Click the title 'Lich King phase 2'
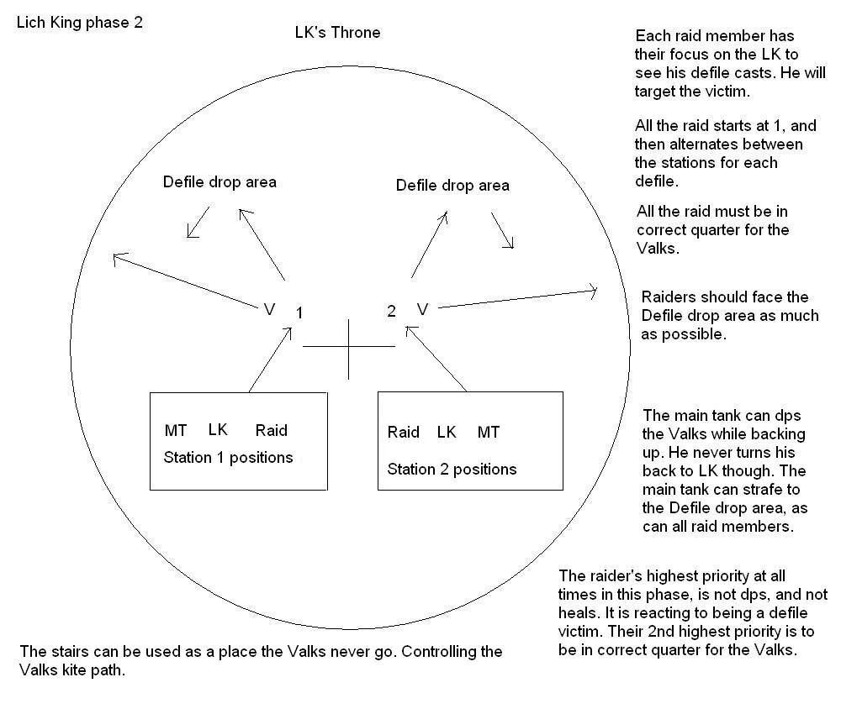click(x=80, y=23)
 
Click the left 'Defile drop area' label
click(x=220, y=181)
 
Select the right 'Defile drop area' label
click(x=452, y=185)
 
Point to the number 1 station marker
click(x=299, y=313)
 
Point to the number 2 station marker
click(x=391, y=312)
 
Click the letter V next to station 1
click(x=269, y=310)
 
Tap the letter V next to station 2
click(x=422, y=310)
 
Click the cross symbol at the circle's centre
click(x=348, y=346)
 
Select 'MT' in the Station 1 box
click(x=176, y=431)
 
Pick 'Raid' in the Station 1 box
click(x=271, y=431)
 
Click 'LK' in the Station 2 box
click(x=447, y=433)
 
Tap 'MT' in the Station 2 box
click(x=489, y=433)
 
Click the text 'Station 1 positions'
click(x=228, y=458)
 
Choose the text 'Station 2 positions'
click(x=452, y=469)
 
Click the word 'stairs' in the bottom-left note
click(x=67, y=651)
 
